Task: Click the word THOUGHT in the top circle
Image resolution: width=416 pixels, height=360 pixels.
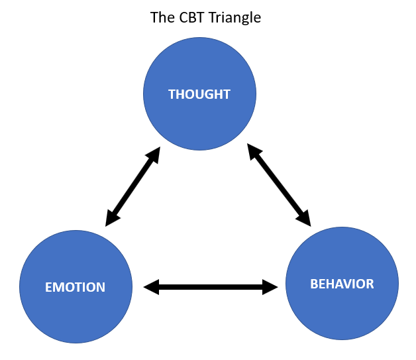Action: [199, 94]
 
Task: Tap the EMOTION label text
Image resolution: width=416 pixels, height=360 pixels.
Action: [75, 287]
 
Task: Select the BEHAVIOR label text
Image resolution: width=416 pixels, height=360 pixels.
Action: [342, 284]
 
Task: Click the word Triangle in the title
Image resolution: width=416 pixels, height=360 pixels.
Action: [234, 18]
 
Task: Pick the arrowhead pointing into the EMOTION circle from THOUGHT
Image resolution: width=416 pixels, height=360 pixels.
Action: [111, 218]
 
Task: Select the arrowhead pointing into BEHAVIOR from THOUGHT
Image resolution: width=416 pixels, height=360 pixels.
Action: [305, 218]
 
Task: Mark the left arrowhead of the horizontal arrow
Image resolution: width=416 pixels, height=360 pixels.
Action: [152, 287]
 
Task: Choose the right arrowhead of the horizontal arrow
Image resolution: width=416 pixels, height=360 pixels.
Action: [270, 287]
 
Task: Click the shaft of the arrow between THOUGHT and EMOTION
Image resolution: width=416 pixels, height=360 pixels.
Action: [133, 187]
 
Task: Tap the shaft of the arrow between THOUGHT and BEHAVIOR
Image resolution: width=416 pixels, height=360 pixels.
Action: [279, 185]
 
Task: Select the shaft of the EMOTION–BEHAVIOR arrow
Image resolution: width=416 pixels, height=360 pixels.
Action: [211, 287]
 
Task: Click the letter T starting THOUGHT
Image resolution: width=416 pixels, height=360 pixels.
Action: [172, 94]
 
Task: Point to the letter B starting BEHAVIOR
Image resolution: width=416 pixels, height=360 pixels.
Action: [315, 284]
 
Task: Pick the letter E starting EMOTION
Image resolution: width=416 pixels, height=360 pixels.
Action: [48, 287]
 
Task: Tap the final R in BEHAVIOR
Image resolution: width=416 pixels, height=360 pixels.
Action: [370, 284]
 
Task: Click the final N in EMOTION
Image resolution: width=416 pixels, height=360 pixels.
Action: [101, 287]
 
